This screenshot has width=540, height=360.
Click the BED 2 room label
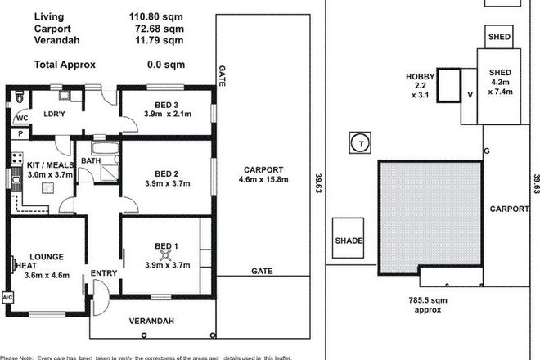coord(166,173)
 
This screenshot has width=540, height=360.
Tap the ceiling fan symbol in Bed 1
coord(166,255)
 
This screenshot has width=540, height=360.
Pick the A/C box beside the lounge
coord(8,296)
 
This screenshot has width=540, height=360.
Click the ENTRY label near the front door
coord(103,273)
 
